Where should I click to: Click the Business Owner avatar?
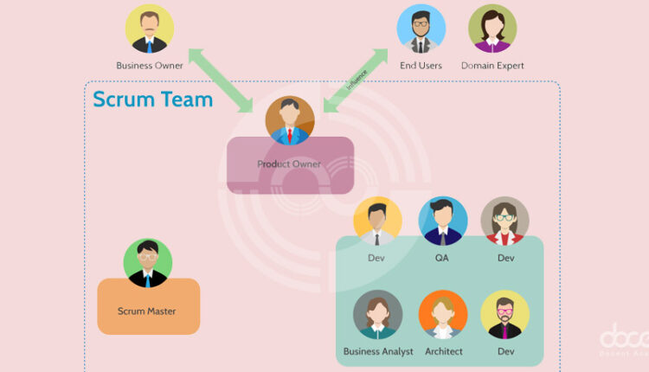tap(149, 29)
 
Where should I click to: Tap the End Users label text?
tap(421, 65)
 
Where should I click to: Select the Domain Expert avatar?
tap(492, 29)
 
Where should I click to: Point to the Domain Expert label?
tap(492, 65)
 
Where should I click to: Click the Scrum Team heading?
tap(152, 99)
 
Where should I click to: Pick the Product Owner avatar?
tap(290, 120)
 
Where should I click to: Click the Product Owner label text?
tap(289, 164)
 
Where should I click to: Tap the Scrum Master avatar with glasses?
tap(148, 263)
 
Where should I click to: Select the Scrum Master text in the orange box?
tap(147, 311)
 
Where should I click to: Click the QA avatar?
tap(442, 221)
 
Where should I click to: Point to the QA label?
tap(442, 258)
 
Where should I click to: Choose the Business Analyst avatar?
tap(378, 314)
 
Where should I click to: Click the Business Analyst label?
tap(378, 351)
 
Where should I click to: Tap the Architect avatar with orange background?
tap(443, 314)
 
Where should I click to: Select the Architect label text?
tap(443, 351)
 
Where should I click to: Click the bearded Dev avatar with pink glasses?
tap(505, 314)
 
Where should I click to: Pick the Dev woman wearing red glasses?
tap(505, 221)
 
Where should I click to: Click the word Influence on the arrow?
tap(357, 81)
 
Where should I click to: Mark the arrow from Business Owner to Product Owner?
tap(222, 80)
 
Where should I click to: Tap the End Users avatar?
tap(421, 29)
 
